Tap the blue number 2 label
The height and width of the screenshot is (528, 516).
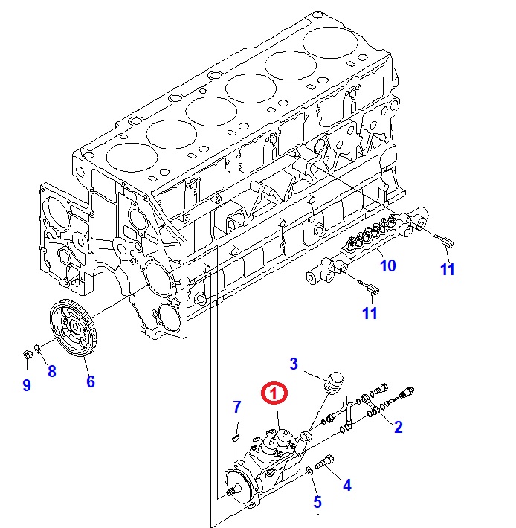[399, 426]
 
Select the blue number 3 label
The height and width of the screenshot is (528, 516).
[294, 364]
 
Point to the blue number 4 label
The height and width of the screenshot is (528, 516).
[346, 486]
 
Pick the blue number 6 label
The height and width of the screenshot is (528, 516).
[90, 381]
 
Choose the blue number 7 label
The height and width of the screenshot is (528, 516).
[237, 407]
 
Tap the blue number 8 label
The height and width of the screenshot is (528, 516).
[52, 371]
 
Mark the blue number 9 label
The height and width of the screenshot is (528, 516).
[26, 384]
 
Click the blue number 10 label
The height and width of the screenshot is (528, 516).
[388, 265]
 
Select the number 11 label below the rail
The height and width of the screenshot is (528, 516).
[370, 312]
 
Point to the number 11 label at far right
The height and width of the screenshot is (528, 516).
[447, 269]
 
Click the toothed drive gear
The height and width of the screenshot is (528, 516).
[75, 326]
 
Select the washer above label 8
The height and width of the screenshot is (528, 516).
[39, 347]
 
